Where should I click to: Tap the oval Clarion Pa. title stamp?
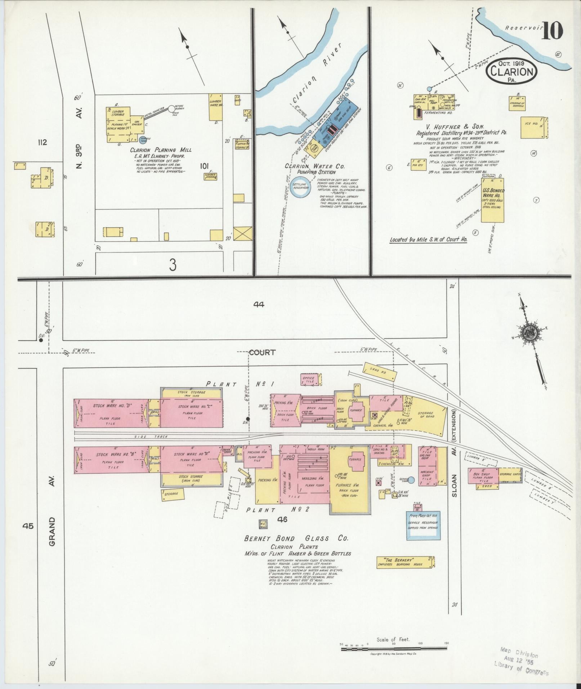511,71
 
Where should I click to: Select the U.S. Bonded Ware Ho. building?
493,200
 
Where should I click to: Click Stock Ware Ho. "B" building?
111,459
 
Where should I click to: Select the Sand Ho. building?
380,371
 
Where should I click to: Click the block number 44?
258,304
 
